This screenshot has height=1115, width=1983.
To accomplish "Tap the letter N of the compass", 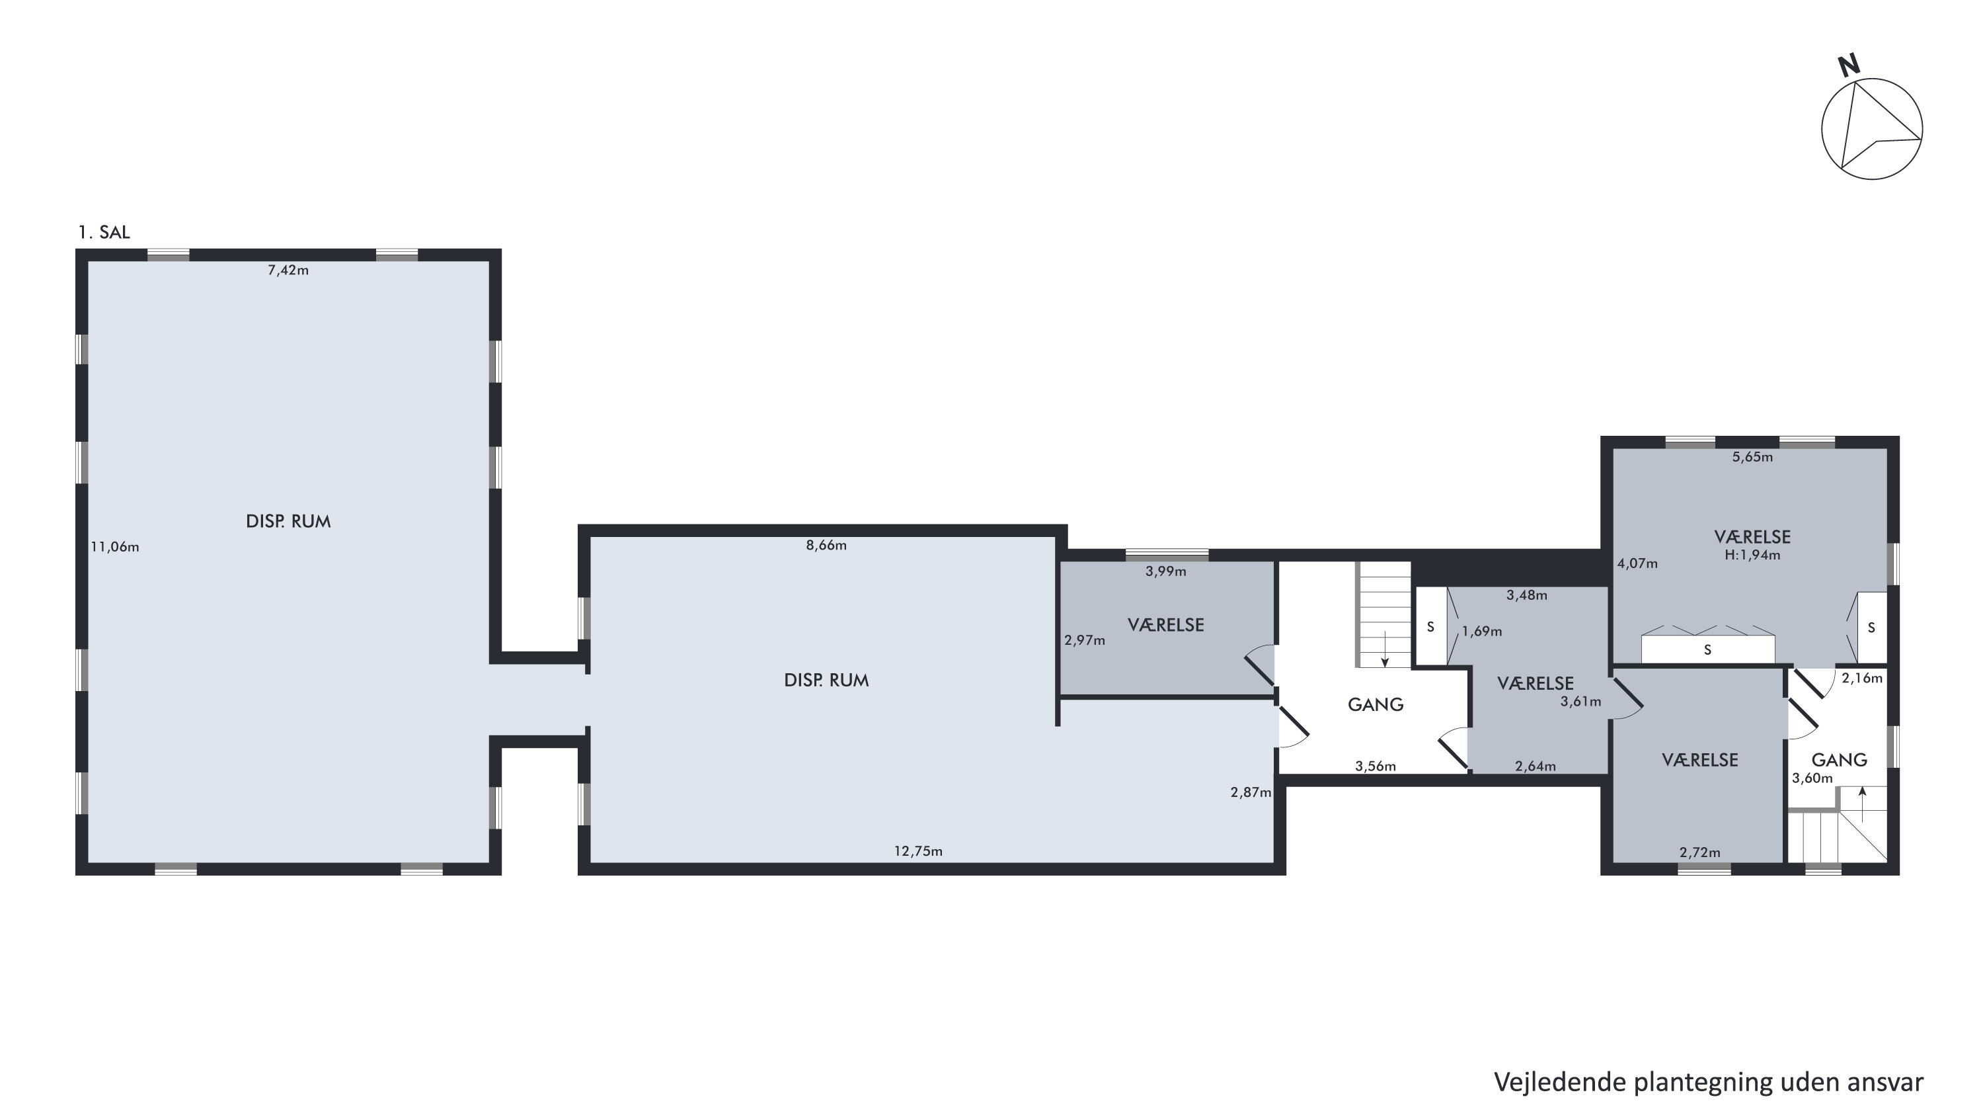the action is click(1848, 65).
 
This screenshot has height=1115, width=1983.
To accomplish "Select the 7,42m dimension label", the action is click(288, 270).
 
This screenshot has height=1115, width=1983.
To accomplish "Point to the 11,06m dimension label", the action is click(115, 548).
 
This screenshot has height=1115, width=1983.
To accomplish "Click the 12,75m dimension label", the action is click(917, 851).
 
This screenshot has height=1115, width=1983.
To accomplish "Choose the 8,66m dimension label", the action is click(826, 545).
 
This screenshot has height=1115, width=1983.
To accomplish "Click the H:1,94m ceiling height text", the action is click(1752, 556).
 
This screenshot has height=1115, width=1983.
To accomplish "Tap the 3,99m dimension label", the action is click(1165, 571).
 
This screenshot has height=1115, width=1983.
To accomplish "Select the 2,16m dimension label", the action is click(1861, 679).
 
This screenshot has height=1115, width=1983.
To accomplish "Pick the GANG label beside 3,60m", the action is click(1839, 760).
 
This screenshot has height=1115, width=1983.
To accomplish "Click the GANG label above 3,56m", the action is click(1376, 704).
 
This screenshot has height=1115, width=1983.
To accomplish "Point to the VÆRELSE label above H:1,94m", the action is click(1752, 537).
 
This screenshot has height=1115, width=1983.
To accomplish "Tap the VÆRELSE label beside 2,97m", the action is click(1165, 624).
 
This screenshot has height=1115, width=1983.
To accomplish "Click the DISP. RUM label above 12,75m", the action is click(826, 680).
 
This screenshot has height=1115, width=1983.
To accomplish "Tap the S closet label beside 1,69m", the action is click(1430, 627).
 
